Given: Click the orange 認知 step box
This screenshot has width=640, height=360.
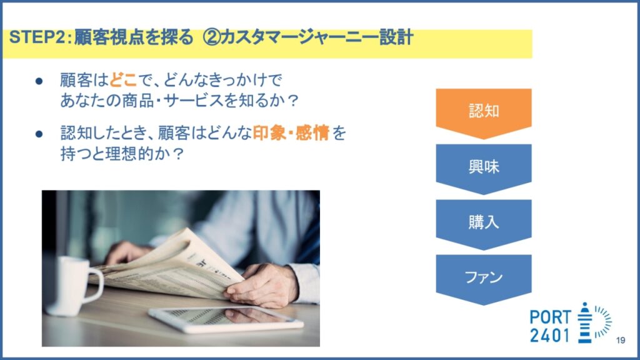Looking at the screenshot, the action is click(484, 111).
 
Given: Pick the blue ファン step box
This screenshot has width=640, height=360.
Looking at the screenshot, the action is click(484, 277).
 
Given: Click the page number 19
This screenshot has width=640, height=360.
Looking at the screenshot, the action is click(621, 340).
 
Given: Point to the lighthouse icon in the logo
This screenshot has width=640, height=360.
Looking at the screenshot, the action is click(585, 322).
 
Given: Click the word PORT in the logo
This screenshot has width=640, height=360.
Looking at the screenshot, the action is click(550, 317).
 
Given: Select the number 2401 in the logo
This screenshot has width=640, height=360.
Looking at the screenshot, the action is click(549, 336).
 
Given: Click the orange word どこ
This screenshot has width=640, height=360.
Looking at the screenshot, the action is click(123, 79).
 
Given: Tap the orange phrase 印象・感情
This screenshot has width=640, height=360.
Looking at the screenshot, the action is click(291, 133).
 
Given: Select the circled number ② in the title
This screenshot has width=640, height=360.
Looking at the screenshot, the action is click(212, 37).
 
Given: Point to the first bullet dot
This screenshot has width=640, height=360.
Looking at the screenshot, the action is click(39, 81).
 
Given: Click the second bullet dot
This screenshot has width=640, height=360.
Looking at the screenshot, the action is click(39, 134).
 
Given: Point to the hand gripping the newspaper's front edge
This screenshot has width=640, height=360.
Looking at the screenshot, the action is click(262, 285).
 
